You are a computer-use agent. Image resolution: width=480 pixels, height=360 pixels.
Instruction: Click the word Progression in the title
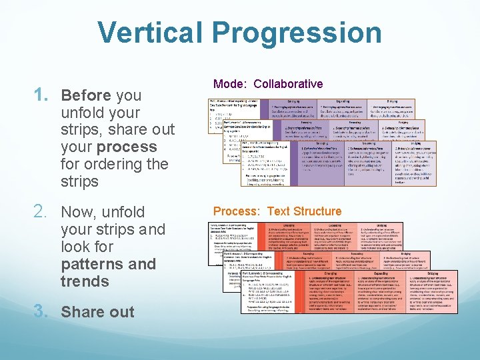coord(303,33)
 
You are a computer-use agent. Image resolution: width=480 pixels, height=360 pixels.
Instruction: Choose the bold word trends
coord(85,281)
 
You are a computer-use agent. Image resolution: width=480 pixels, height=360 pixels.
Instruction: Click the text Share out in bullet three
coord(97,311)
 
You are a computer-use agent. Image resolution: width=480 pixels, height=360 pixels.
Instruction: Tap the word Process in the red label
coord(237,211)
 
